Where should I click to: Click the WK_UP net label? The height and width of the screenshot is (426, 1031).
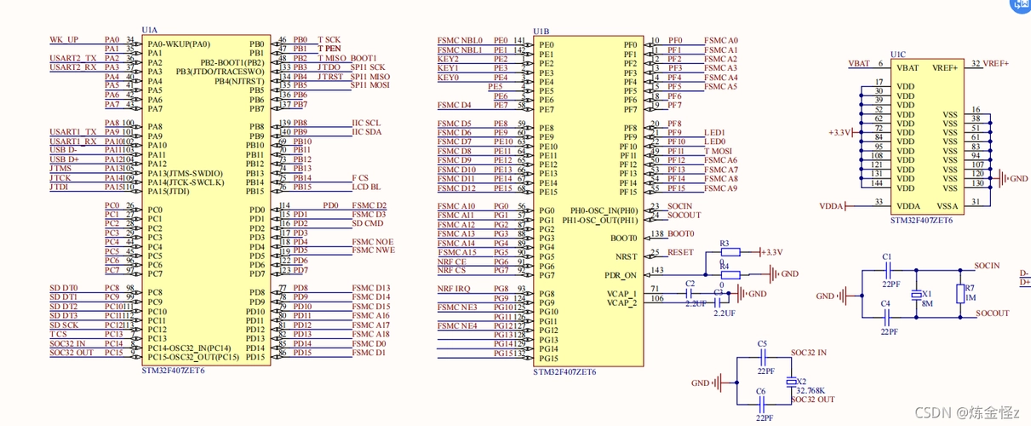coord(64,40)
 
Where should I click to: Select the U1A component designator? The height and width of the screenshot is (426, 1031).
coord(150,30)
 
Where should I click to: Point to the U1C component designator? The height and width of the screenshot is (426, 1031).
coord(898,54)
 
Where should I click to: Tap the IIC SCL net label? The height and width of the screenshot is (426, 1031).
coord(367,123)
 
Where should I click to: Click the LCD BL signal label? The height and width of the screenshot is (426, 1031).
coord(367,187)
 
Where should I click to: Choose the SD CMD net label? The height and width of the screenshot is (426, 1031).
coord(368,223)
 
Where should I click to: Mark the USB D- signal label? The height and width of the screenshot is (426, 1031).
coord(64,150)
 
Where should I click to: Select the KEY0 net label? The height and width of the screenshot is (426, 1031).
coord(449,78)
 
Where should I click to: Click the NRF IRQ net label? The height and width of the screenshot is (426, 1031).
coord(454,290)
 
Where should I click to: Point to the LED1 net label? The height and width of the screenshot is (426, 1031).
coord(714,133)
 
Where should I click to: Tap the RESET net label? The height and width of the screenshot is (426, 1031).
coord(681,252)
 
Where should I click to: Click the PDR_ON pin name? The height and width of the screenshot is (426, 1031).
coord(620,275)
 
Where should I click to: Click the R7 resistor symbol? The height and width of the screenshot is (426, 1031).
coord(960,294)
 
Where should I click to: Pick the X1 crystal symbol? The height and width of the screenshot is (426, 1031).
coord(914,294)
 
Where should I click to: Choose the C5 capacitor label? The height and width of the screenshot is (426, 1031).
coord(762,343)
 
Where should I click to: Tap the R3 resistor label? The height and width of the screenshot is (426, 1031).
coord(725,244)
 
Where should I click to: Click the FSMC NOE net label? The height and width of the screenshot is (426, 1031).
coord(372,241)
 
